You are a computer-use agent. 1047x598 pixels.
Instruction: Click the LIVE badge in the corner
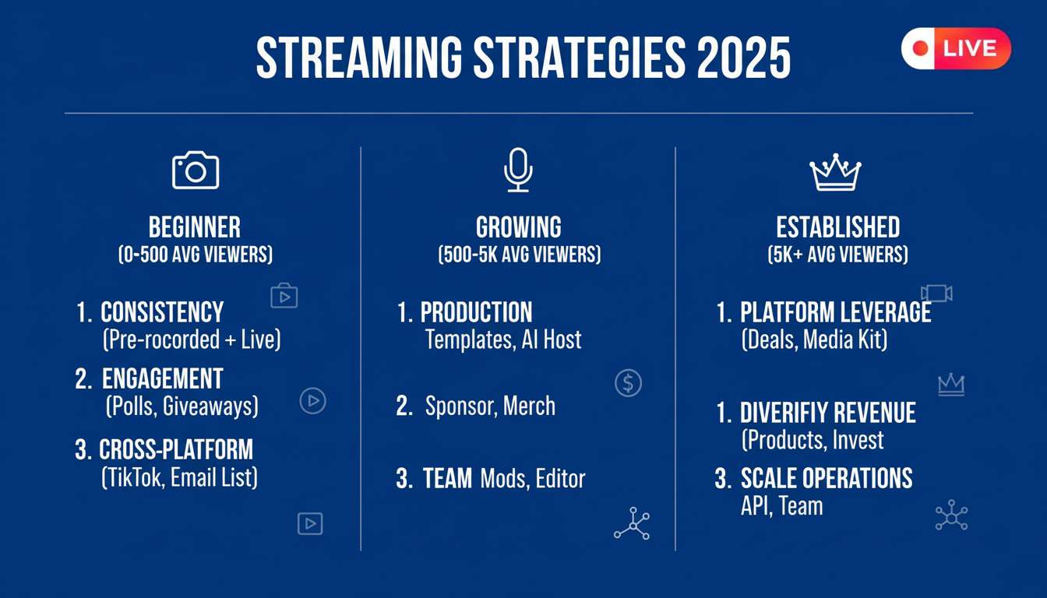[x=956, y=48]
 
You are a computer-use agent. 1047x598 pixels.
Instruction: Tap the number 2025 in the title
[x=744, y=58]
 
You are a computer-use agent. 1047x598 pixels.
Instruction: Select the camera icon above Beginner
[x=196, y=170]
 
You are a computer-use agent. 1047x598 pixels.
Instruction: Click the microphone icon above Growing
[x=518, y=170]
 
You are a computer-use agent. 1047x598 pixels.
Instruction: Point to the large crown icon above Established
[x=835, y=172]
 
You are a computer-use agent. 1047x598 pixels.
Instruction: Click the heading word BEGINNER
[x=195, y=227]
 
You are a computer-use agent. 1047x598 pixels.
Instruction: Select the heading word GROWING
[x=519, y=227]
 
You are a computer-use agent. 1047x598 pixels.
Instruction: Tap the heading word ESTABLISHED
[x=838, y=227]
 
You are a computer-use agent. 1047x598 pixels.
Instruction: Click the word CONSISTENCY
[x=162, y=312]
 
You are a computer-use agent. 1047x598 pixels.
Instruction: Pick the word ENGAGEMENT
[x=163, y=378]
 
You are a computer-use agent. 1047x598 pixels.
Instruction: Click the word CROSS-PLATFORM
[x=176, y=449]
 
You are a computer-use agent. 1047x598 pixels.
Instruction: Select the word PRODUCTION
[x=476, y=312]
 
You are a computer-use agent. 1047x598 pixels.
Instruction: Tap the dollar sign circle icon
[x=628, y=383]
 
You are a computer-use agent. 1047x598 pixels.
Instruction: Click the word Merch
[x=529, y=406]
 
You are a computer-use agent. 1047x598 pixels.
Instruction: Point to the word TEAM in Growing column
[x=447, y=478]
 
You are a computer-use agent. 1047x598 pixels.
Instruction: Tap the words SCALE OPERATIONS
[x=827, y=478]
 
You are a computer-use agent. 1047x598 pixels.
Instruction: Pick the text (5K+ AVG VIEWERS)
[x=838, y=255]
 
